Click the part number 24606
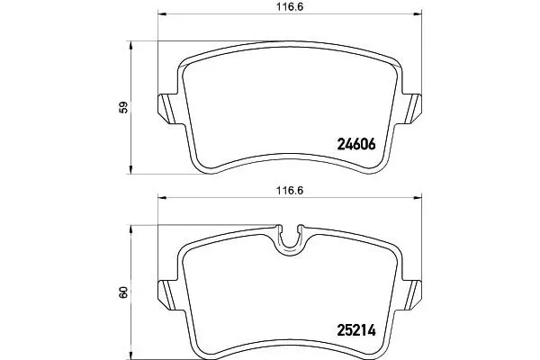coord(356,145)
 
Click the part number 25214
coord(356,330)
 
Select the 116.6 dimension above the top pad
coord(290,7)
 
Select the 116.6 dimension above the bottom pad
coord(290,191)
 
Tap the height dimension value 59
coord(123,107)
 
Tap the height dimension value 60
coord(123,292)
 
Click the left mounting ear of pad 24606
coord(167,109)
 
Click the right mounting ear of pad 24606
coord(412,109)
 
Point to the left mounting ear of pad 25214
coord(167,295)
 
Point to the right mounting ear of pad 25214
coord(412,295)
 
